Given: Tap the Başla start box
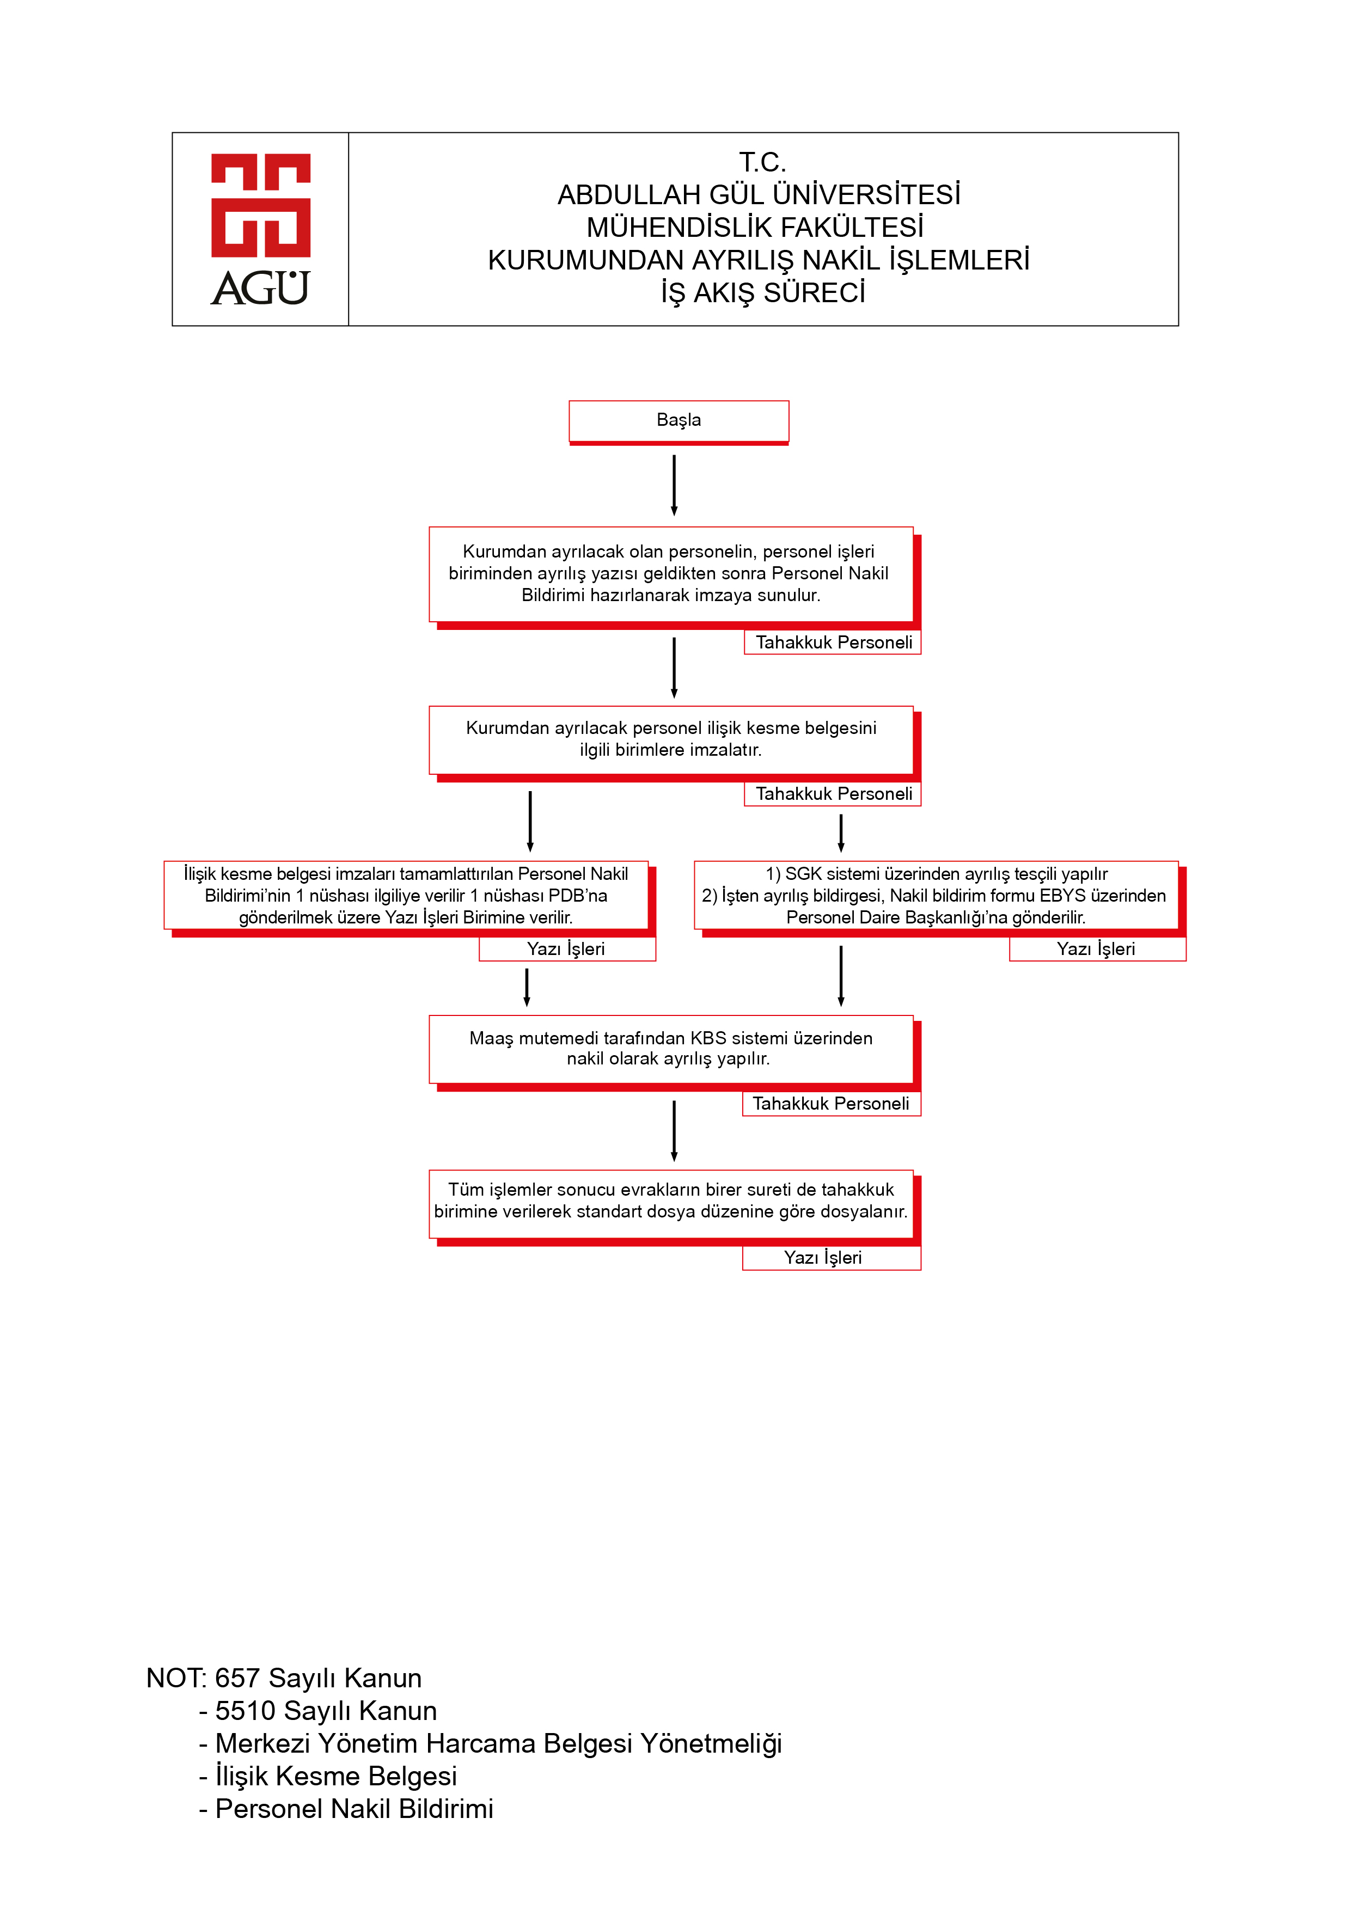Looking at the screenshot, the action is pyautogui.click(x=679, y=422).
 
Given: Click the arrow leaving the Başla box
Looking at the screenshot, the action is pyautogui.click(x=674, y=485).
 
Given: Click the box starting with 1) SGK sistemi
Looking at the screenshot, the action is pyautogui.click(x=939, y=898).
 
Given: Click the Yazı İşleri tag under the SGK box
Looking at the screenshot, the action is pyautogui.click(x=1097, y=949).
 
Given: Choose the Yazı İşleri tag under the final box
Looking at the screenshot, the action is pyautogui.click(x=831, y=1258).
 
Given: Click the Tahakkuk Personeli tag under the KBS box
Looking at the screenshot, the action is pyautogui.click(x=831, y=1103).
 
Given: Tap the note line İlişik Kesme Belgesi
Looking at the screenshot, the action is pyautogui.click(x=328, y=1776).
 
